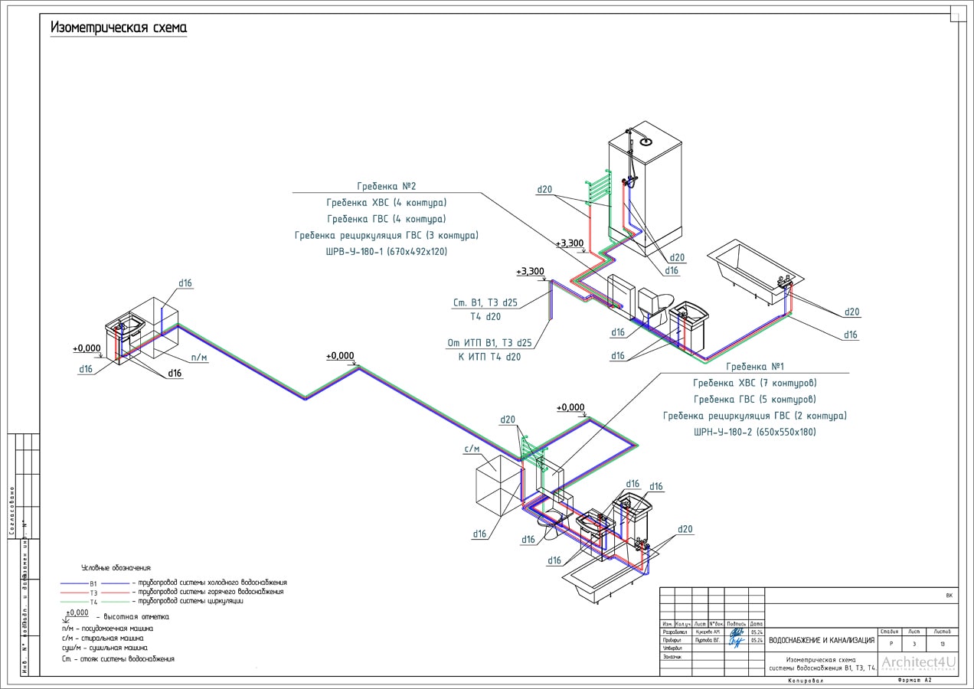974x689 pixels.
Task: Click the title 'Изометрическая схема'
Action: (119, 28)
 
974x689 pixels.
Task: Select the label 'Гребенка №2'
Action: (386, 186)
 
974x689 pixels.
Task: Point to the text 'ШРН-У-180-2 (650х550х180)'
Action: (754, 432)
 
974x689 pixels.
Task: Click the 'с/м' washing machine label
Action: (472, 449)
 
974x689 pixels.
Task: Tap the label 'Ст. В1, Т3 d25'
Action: (485, 302)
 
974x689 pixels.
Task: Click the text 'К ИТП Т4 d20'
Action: (490, 356)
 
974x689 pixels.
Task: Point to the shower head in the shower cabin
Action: (645, 140)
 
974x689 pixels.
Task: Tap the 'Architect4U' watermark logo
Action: (919, 663)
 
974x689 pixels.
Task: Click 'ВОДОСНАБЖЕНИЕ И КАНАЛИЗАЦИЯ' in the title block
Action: (821, 640)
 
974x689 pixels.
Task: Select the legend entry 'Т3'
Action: (93, 593)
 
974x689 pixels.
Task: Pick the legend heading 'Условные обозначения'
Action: (116, 568)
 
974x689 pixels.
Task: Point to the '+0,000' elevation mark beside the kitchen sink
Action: (87, 349)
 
